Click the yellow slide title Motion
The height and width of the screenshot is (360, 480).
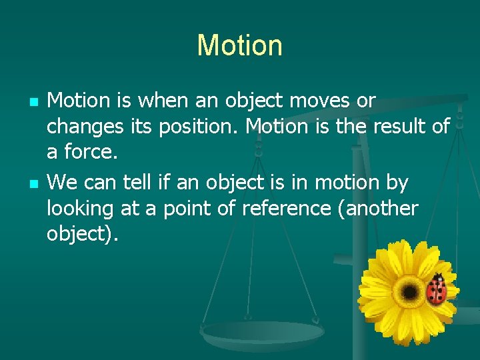click(239, 45)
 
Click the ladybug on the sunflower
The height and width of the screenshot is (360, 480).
click(437, 289)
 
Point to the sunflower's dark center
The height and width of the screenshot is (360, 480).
click(409, 291)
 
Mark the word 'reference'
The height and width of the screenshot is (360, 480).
click(285, 209)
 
